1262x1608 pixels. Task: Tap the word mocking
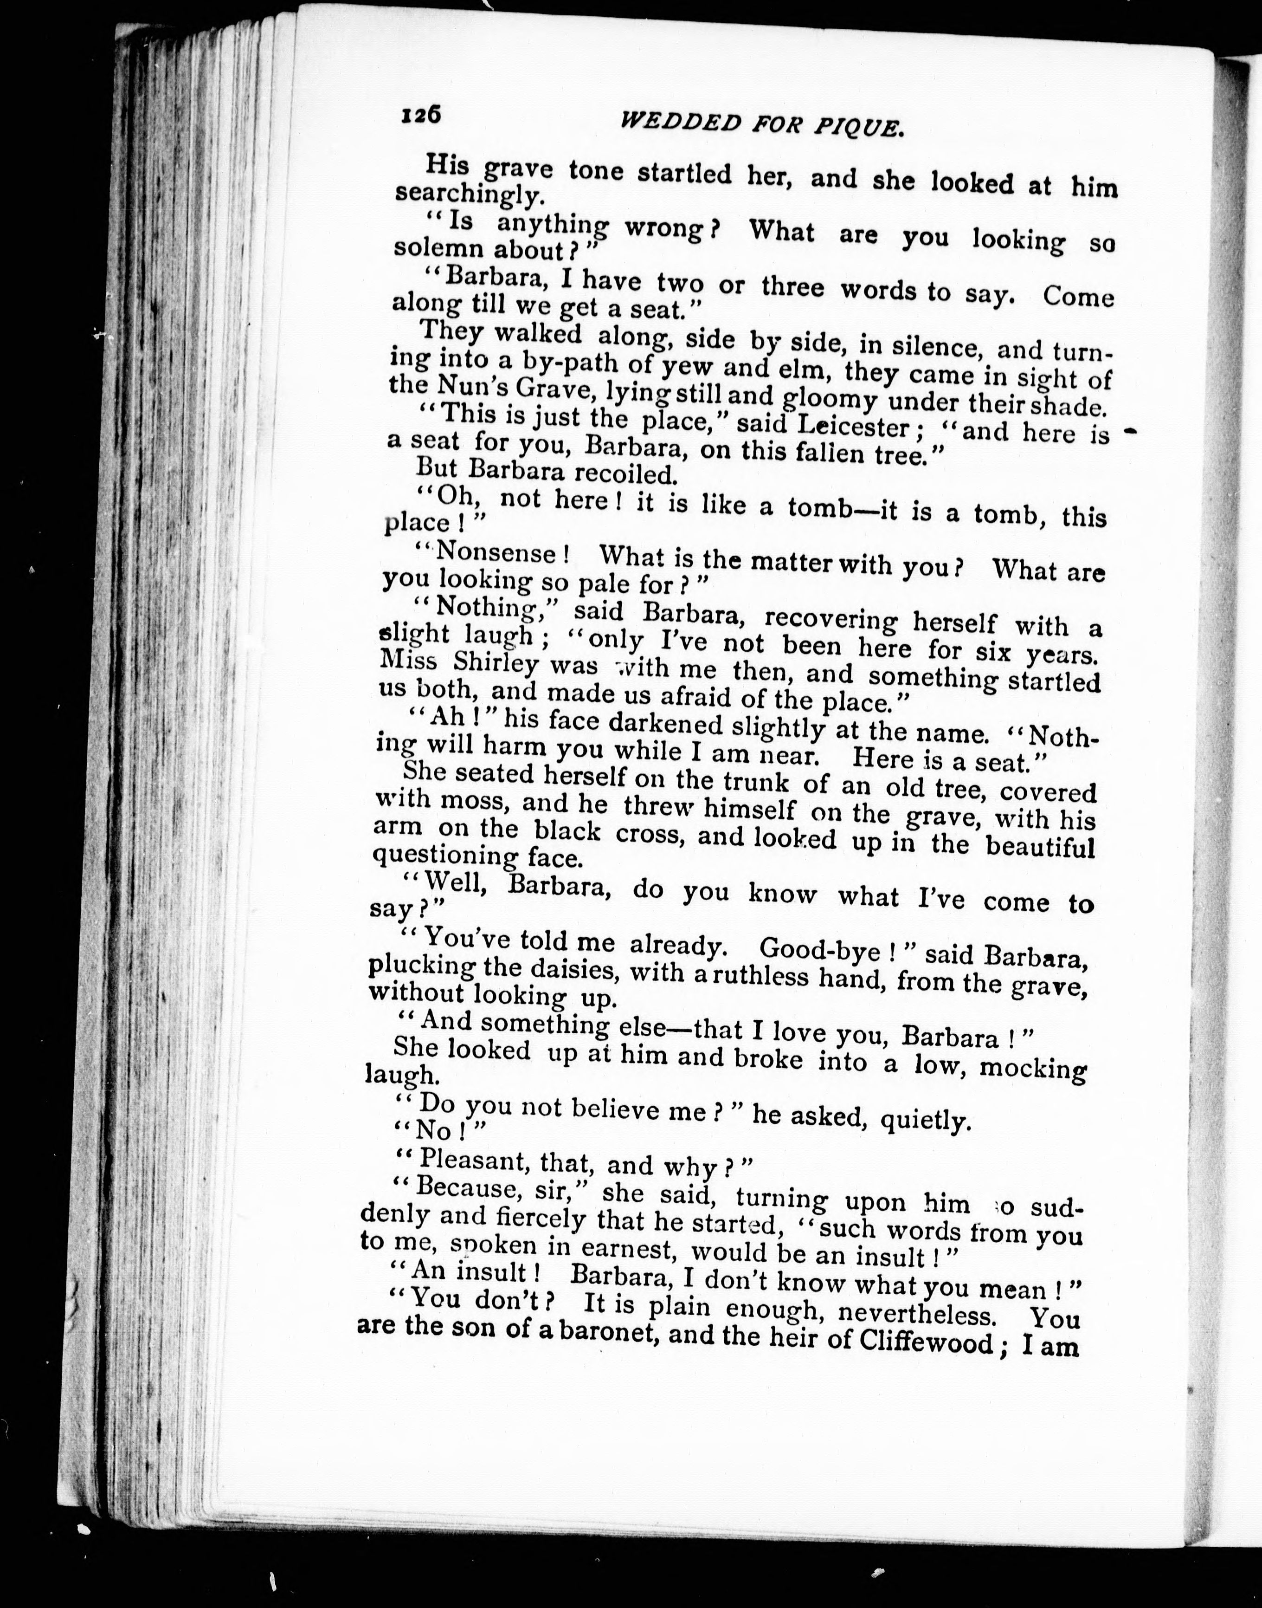1035,1068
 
